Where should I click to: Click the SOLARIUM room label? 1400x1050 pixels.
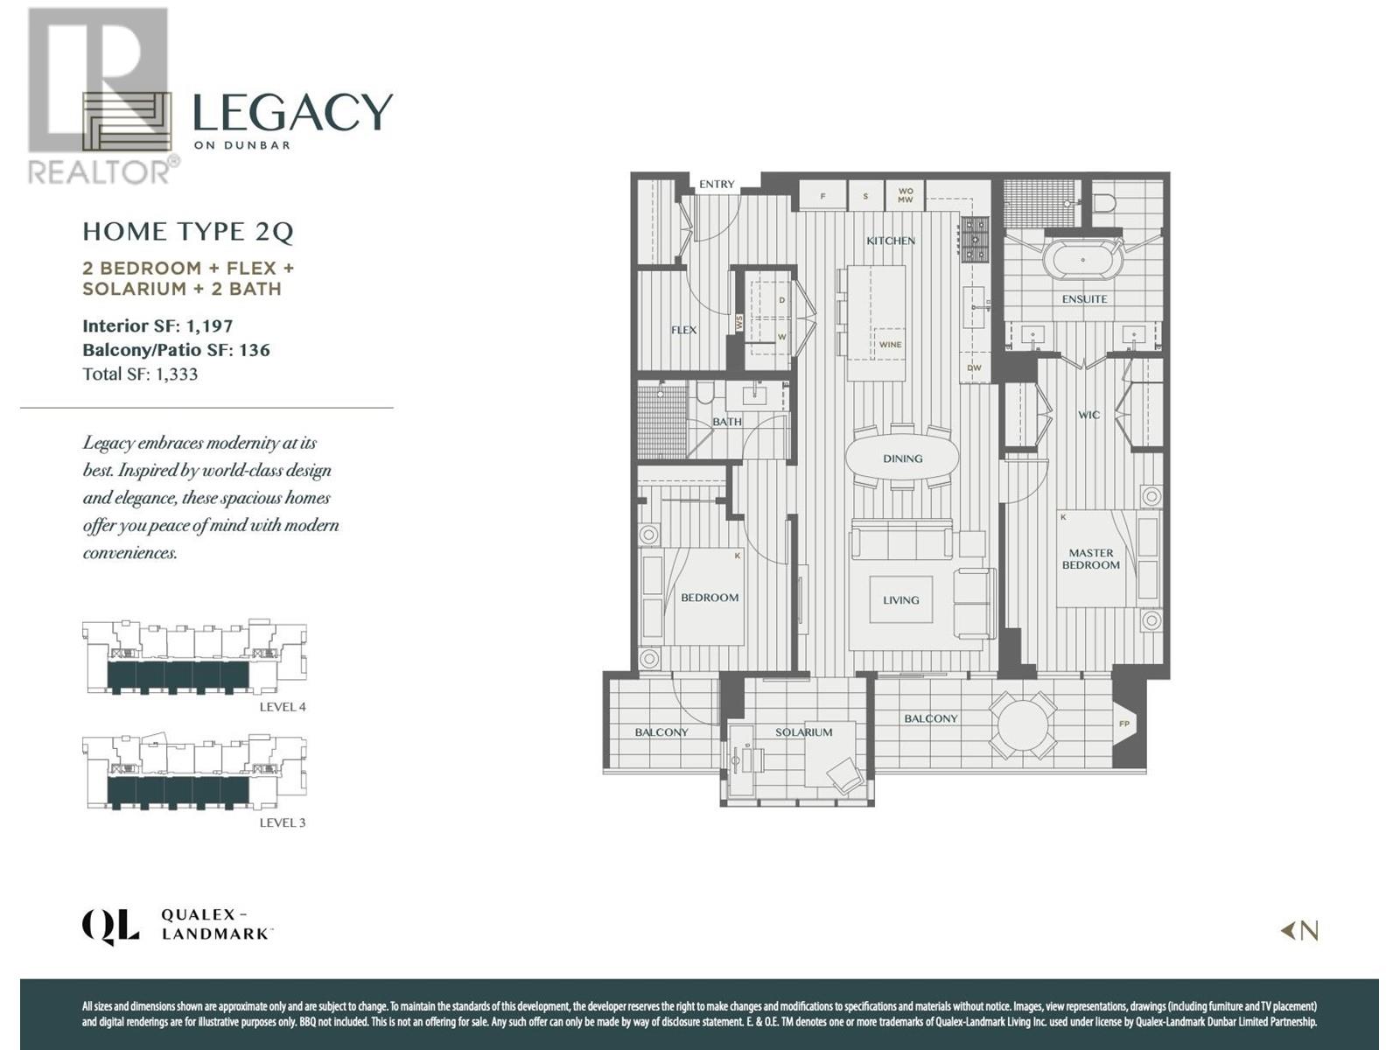[x=803, y=732]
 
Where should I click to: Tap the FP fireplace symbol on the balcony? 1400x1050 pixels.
[x=1124, y=724]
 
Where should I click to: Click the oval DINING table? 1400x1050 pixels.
[x=902, y=458]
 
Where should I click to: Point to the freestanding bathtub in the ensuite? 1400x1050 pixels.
[x=1083, y=260]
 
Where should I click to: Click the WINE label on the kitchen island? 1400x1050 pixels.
[x=890, y=345]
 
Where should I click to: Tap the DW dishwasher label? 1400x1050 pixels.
[x=974, y=368]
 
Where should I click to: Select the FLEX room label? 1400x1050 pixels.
[x=683, y=330]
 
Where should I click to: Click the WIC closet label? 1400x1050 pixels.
[x=1088, y=415]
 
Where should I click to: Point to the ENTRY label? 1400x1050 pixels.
[x=717, y=185]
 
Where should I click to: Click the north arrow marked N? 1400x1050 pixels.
[x=1300, y=931]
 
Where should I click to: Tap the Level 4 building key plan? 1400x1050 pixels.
[x=194, y=659]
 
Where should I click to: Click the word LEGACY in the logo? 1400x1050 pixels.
[x=291, y=112]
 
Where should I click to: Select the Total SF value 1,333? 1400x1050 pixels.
[x=177, y=374]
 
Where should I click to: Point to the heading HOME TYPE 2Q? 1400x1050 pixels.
[x=187, y=232]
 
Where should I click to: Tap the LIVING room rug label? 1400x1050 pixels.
[x=900, y=600]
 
